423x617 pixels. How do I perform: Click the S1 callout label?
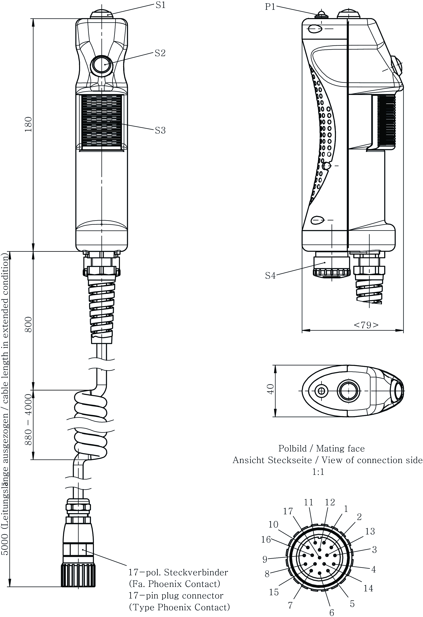160,5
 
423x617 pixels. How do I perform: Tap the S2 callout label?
160,53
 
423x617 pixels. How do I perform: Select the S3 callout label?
160,130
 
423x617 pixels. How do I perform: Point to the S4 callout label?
270,276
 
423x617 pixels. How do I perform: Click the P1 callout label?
270,7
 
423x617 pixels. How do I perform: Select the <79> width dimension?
366,325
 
